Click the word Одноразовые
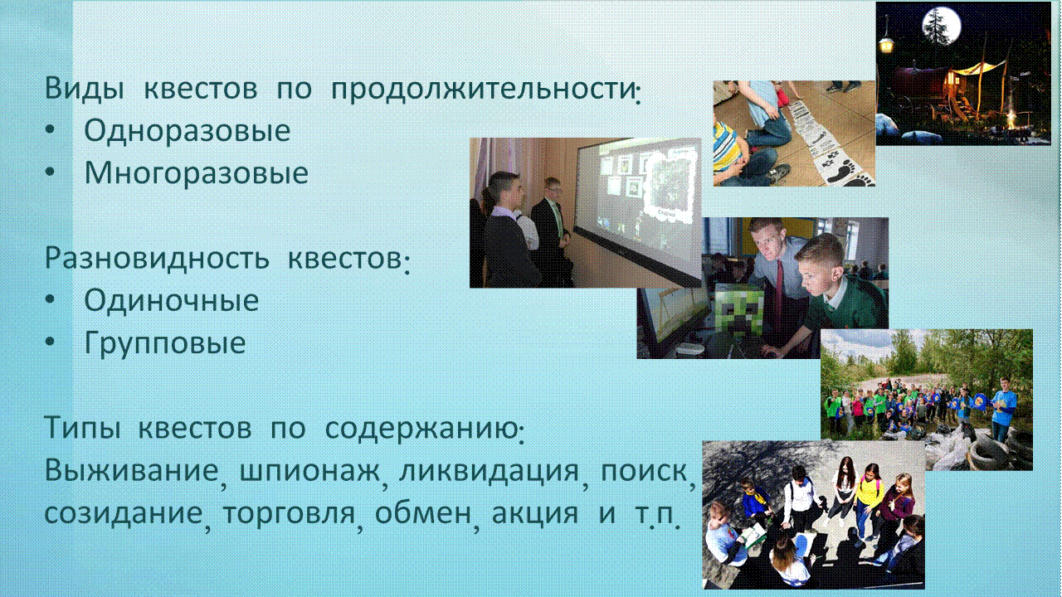pyautogui.click(x=188, y=130)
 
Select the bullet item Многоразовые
pyautogui.click(x=197, y=172)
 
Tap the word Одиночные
pyautogui.click(x=172, y=300)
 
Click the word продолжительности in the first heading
pyautogui.click(x=483, y=89)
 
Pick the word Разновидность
pyautogui.click(x=157, y=259)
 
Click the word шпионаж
pyautogui.click(x=309, y=472)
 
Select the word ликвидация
pyautogui.click(x=489, y=472)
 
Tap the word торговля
pyautogui.click(x=290, y=514)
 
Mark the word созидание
pyautogui.click(x=124, y=514)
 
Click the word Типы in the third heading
pyautogui.click(x=82, y=428)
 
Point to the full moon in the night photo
pyautogui.click(x=942, y=26)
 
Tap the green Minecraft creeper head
pyautogui.click(x=739, y=309)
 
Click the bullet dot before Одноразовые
pyautogui.click(x=50, y=130)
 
